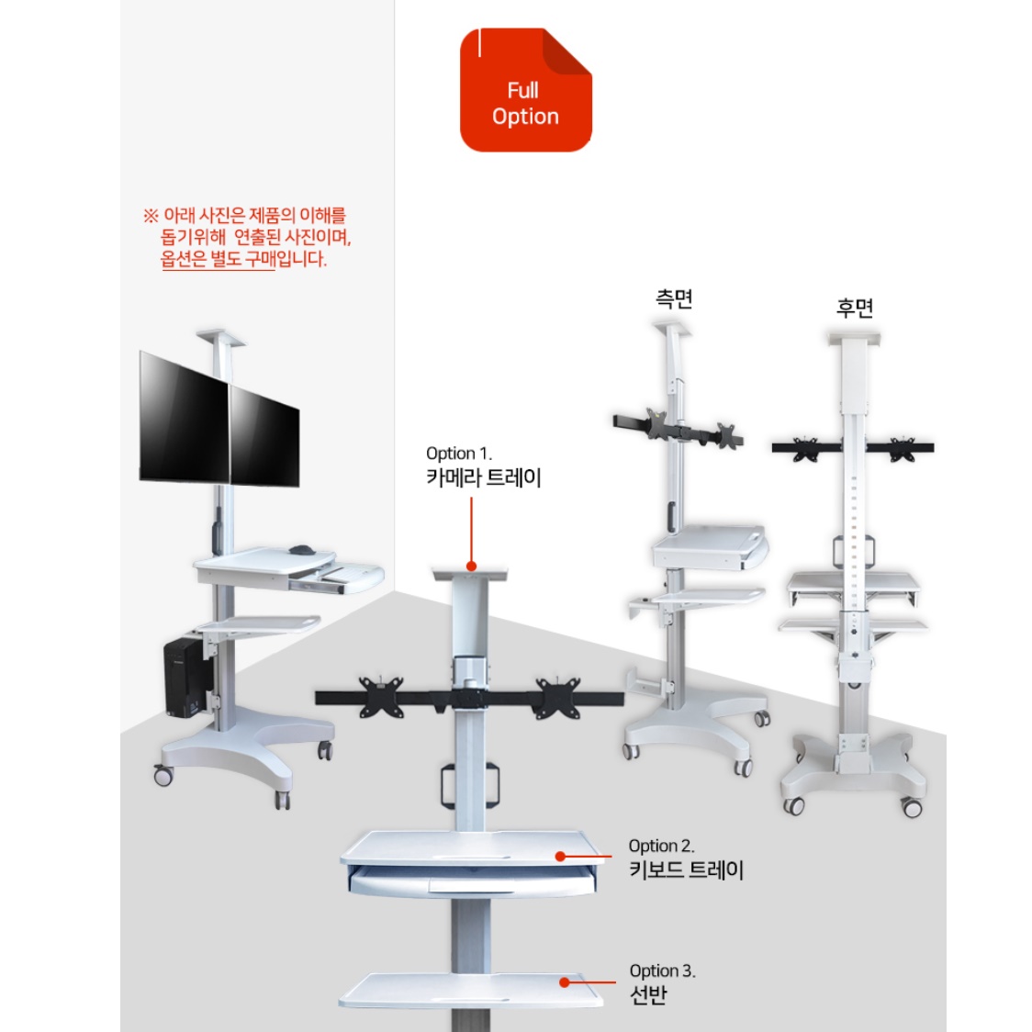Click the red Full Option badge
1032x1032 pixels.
pyautogui.click(x=525, y=90)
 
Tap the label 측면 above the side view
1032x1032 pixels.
pyautogui.click(x=674, y=298)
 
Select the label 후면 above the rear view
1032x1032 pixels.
pyautogui.click(x=854, y=308)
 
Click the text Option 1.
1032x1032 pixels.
pyautogui.click(x=459, y=454)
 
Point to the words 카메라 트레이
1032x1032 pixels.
pyautogui.click(x=484, y=477)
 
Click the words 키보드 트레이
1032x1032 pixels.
pyautogui.click(x=687, y=869)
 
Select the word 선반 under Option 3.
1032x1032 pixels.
pyautogui.click(x=648, y=994)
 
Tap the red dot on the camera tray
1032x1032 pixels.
pyautogui.click(x=471, y=566)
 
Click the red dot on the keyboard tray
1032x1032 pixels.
pyautogui.click(x=560, y=857)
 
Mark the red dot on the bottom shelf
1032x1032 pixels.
pyautogui.click(x=564, y=982)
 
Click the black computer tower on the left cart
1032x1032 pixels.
pyautogui.click(x=187, y=678)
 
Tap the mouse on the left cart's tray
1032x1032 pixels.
pyautogui.click(x=302, y=550)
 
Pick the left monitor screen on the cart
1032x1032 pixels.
pyautogui.click(x=184, y=417)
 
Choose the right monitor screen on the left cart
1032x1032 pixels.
pyautogui.click(x=264, y=436)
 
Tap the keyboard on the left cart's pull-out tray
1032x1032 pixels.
pyautogui.click(x=350, y=575)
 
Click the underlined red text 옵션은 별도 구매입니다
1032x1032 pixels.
pyautogui.click(x=243, y=259)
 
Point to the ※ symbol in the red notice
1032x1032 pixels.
pyautogui.click(x=151, y=215)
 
